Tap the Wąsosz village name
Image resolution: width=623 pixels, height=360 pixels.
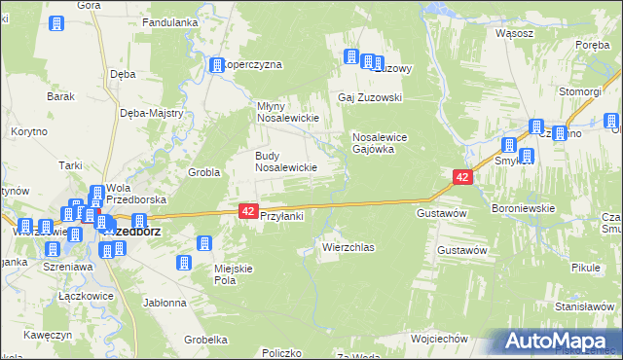tap(514, 31)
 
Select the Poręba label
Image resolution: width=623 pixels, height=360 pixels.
tap(592, 45)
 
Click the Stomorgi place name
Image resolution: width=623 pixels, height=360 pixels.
tap(579, 91)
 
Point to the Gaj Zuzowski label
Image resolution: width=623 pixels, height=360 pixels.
tap(370, 98)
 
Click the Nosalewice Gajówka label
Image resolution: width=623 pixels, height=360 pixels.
tap(385, 143)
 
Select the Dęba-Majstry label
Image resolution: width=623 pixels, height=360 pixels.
tap(152, 113)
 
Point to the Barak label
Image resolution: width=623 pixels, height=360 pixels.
tap(61, 96)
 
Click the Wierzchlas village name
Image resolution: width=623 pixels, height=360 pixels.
tap(348, 248)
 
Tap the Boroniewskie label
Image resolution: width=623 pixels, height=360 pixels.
tap(523, 207)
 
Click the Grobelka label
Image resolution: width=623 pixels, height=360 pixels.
tap(205, 340)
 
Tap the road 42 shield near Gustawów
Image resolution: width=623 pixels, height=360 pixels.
tap(462, 177)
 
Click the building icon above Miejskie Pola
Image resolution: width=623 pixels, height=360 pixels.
tap(205, 244)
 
